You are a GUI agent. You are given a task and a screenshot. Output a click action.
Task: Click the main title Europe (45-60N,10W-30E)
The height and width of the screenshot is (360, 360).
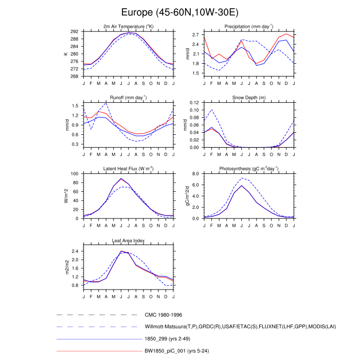(180, 11)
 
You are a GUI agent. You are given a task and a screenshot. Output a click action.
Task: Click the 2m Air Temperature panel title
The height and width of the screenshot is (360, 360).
(129, 26)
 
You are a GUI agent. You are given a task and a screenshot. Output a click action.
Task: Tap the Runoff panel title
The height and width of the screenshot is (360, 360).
(129, 97)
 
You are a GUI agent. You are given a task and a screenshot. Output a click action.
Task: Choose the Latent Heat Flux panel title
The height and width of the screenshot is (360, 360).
(129, 169)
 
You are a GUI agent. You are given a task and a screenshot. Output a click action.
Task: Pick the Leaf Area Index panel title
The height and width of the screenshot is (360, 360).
(129, 240)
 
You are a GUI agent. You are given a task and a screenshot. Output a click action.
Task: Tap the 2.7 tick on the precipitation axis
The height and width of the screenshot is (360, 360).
(195, 35)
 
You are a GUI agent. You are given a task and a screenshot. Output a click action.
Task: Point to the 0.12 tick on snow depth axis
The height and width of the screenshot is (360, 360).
(194, 103)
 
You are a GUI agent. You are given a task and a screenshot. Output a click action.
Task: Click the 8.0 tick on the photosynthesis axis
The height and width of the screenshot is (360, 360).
(195, 174)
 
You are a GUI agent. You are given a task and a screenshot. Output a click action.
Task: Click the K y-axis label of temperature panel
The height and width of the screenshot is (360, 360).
(65, 53)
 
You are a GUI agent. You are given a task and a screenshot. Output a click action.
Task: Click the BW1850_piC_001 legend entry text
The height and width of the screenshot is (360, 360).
(176, 351)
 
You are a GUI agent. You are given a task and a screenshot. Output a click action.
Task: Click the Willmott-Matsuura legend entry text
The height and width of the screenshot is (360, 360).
(237, 327)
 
